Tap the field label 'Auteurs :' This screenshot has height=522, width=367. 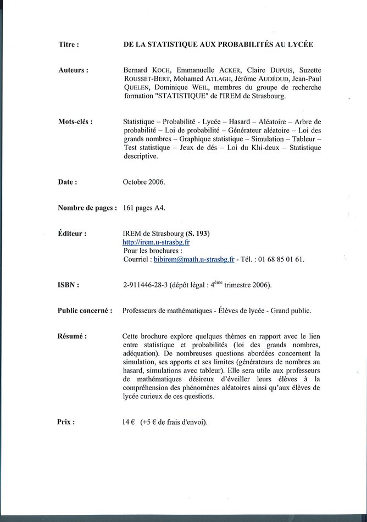[73, 71]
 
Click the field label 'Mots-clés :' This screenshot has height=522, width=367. [75, 121]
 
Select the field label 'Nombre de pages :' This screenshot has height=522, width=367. [87, 208]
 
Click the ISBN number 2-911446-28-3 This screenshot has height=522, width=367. [146, 285]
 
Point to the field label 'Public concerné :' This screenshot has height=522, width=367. [85, 310]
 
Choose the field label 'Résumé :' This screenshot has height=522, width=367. [72, 336]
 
